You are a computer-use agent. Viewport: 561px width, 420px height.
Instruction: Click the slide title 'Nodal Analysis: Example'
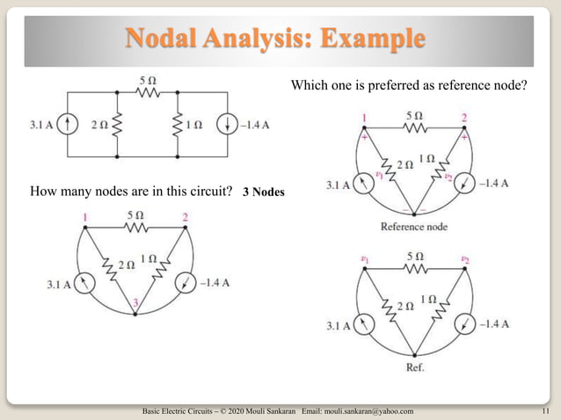click(276, 40)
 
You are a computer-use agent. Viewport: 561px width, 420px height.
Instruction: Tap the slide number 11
click(545, 410)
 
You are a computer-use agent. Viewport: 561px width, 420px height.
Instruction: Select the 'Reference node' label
click(413, 227)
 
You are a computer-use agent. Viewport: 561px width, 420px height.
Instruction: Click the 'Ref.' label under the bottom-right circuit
click(413, 366)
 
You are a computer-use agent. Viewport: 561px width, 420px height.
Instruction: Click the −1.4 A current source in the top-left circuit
click(228, 125)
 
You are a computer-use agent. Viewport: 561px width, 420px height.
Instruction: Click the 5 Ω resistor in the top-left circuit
click(147, 91)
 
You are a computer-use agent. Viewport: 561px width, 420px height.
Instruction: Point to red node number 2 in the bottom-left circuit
click(186, 217)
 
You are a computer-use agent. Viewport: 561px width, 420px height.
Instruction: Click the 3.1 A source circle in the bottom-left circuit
click(84, 283)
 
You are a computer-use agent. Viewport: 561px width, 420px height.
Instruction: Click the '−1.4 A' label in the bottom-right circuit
click(495, 324)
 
